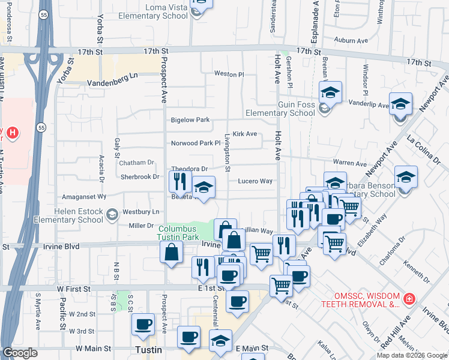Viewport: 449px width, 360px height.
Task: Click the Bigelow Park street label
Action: (x=190, y=120)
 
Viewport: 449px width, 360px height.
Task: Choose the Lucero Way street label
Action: (x=256, y=181)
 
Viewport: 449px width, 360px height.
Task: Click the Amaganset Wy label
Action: (x=84, y=196)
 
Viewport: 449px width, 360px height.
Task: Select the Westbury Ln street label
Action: (x=141, y=212)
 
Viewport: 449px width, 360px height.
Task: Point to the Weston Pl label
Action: (x=229, y=74)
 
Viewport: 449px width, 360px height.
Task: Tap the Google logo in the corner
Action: (x=20, y=353)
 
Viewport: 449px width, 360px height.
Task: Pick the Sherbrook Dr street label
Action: (x=139, y=177)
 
